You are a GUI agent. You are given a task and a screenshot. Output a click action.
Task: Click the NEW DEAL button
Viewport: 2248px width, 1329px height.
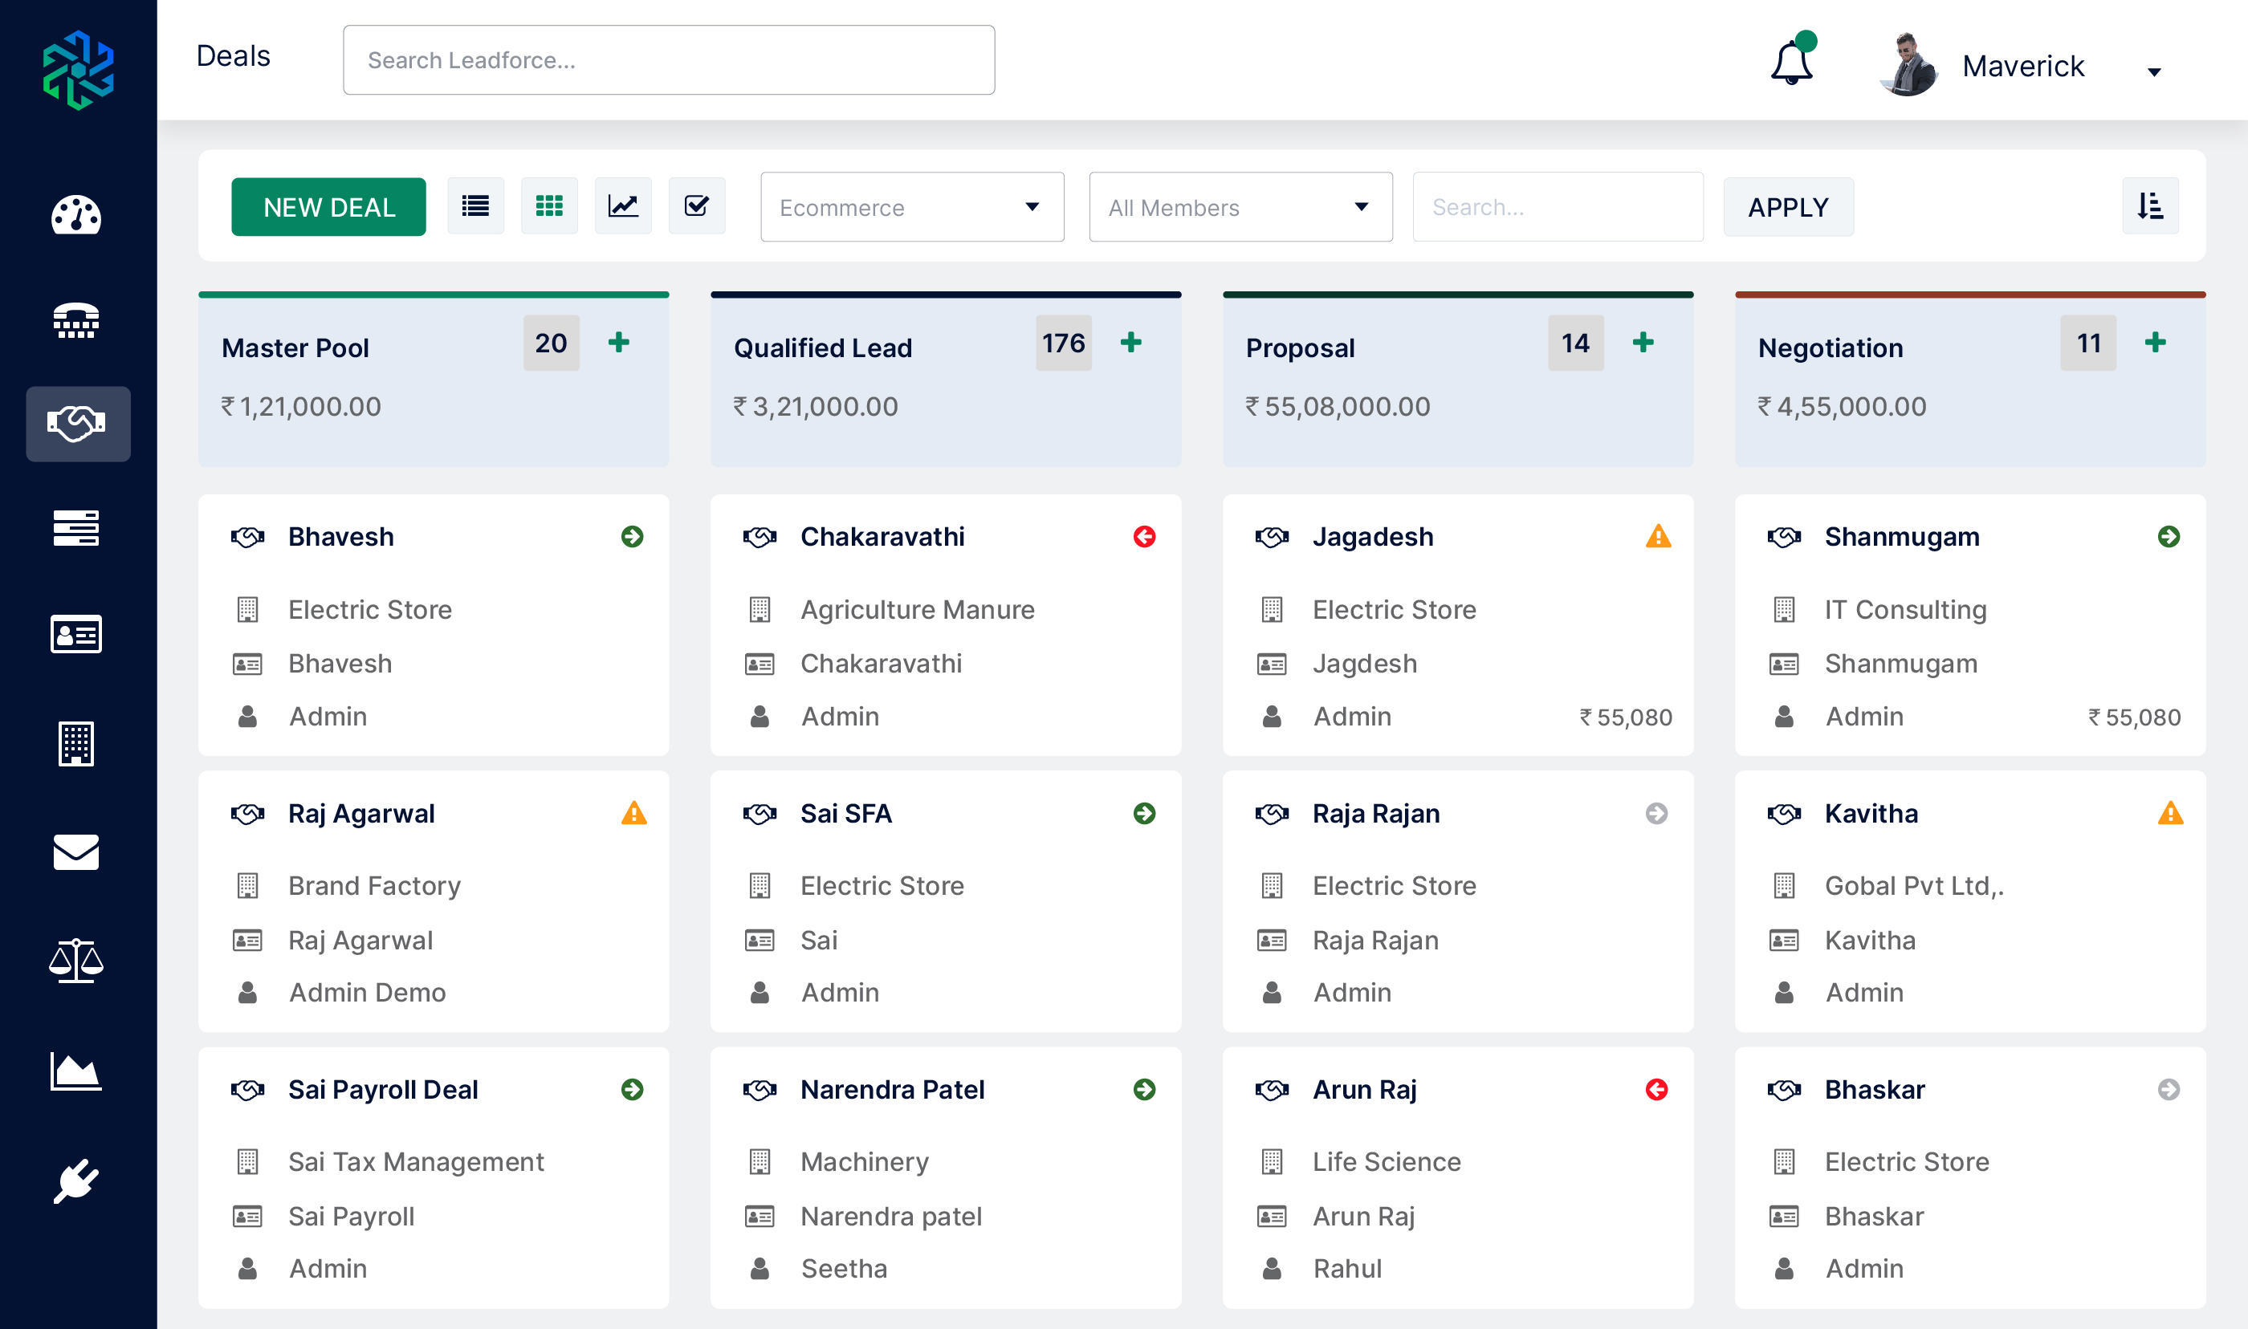coord(328,207)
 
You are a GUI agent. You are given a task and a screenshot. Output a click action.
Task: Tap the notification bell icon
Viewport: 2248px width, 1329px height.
coord(1791,63)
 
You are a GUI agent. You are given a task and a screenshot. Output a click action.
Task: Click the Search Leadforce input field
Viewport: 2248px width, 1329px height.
coord(668,60)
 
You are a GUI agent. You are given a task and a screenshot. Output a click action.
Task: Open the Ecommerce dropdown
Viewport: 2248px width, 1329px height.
coord(912,207)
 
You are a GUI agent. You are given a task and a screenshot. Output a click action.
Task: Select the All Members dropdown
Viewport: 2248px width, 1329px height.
coord(1240,207)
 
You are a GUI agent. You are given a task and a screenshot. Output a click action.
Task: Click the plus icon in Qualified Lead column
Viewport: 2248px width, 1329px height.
coord(1130,342)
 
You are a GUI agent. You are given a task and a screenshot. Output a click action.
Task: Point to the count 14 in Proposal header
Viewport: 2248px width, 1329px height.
coord(1574,343)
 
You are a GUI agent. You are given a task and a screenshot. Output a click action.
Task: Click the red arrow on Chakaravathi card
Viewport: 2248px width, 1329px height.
coord(1144,536)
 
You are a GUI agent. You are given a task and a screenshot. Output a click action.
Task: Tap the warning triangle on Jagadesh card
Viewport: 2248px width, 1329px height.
coord(1658,536)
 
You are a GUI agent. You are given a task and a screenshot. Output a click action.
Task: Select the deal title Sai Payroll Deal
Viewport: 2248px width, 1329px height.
coord(382,1089)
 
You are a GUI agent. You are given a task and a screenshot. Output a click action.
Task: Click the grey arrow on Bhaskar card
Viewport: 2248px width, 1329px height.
coord(2169,1089)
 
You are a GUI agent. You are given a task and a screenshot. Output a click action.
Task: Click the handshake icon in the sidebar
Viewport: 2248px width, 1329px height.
coord(77,424)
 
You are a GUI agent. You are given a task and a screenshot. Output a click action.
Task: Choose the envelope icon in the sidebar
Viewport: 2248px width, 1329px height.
coord(76,851)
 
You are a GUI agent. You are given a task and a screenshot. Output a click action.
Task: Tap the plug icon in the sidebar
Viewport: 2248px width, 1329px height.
coord(76,1181)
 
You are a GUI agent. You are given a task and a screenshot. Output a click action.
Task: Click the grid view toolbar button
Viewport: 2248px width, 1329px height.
coord(549,206)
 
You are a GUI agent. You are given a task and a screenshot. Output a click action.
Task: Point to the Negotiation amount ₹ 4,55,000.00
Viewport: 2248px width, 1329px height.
coord(1842,407)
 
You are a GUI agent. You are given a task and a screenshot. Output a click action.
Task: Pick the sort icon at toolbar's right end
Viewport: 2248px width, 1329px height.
coord(2149,206)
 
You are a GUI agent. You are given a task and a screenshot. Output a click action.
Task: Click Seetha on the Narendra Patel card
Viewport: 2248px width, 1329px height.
coord(844,1268)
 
